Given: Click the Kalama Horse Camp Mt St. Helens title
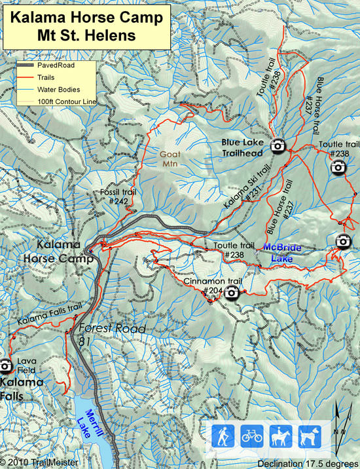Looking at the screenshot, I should click(86, 26).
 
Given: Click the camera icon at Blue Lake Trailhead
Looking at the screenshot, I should click(278, 145).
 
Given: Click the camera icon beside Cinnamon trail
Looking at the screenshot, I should click(232, 294).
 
